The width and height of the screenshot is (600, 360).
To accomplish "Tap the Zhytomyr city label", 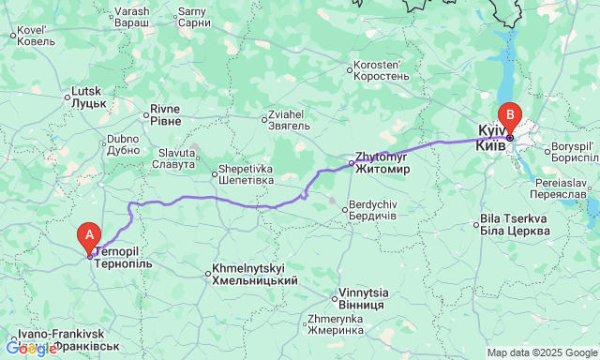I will (x=383, y=163).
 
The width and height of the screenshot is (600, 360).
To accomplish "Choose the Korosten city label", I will (x=381, y=70).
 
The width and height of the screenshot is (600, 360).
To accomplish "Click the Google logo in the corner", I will (x=31, y=349).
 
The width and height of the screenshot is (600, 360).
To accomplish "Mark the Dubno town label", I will (x=124, y=143).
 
